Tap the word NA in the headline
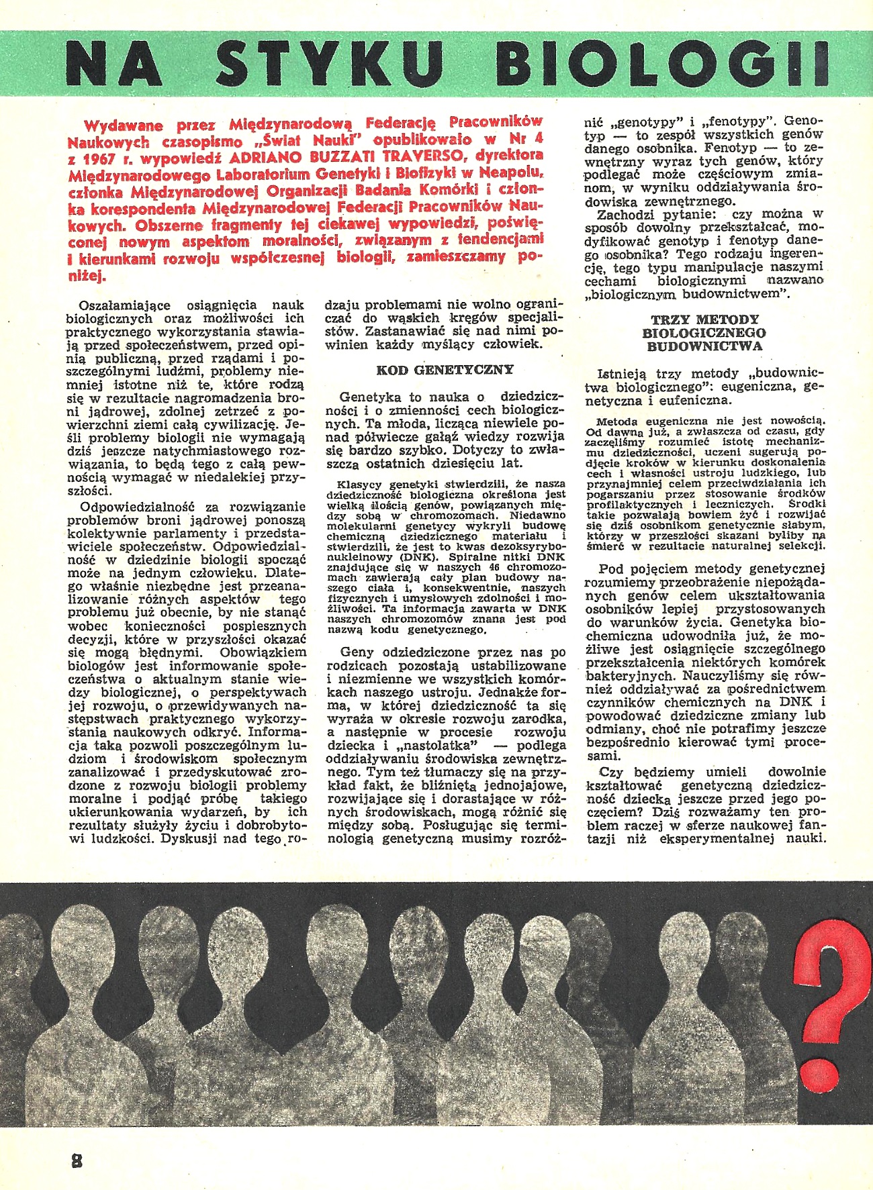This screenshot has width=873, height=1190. [114, 63]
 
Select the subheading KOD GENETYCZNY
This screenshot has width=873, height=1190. [445, 370]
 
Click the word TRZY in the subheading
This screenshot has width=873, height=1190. [674, 319]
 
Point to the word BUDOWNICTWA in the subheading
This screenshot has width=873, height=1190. [704, 346]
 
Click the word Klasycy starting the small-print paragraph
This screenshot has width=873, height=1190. [361, 484]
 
